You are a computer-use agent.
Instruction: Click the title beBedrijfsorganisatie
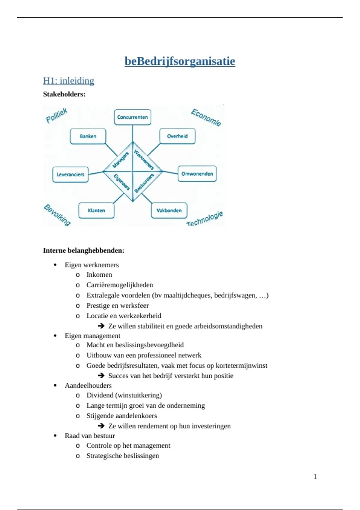tap(180, 61)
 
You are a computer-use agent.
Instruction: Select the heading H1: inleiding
tap(69, 80)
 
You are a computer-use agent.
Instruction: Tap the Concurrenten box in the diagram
tap(133, 117)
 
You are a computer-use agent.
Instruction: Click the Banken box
tap(88, 136)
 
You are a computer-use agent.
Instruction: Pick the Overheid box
tap(177, 136)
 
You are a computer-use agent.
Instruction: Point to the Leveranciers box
tap(70, 175)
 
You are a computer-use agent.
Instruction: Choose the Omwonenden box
tap(197, 174)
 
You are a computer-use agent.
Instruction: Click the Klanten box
tap(96, 210)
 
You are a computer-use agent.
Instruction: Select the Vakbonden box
tap(169, 210)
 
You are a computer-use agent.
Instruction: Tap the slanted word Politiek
tap(57, 115)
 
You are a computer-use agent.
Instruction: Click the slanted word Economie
tap(206, 117)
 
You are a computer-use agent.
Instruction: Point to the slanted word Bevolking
tap(57, 215)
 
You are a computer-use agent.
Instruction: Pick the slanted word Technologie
tap(205, 219)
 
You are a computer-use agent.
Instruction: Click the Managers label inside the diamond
tap(121, 160)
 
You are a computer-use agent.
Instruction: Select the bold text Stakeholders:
tap(64, 94)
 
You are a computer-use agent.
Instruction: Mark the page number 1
tap(315, 476)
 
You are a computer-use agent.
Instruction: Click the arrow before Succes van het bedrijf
tap(101, 376)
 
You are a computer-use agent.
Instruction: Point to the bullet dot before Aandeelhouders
tap(55, 385)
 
